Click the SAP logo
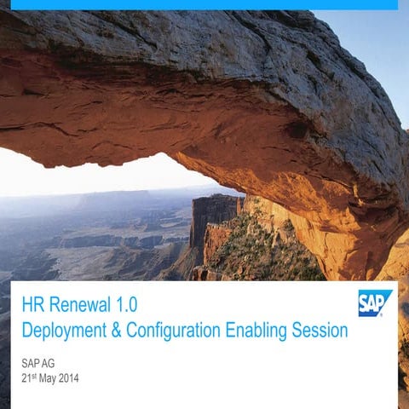tap(375, 302)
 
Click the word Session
tap(319, 331)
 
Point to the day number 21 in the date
tap(26, 377)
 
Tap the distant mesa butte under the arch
tap(215, 213)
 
